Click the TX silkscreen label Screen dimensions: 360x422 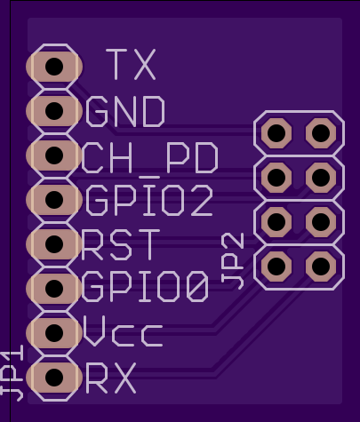[x=131, y=65]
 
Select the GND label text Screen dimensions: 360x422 [x=125, y=111]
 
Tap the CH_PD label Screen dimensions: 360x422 [x=150, y=158]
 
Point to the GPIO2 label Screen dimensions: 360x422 [x=149, y=200]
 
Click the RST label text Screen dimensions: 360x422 [x=121, y=244]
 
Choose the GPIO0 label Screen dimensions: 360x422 [x=145, y=287]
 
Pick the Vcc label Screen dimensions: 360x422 [x=123, y=331]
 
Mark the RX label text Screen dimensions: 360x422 [x=111, y=378]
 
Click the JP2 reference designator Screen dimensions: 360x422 [x=233, y=261]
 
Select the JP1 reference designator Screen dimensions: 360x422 [x=12, y=373]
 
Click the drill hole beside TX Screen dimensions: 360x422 [x=54, y=67]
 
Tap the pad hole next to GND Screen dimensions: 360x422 [x=54, y=111]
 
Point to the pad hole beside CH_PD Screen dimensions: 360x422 [x=54, y=155]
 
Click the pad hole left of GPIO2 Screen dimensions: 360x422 [x=54, y=200]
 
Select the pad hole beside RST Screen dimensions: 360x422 [x=54, y=244]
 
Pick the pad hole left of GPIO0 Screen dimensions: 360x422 [x=54, y=289]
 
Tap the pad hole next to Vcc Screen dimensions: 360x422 [x=54, y=333]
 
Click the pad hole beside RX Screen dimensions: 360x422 [x=54, y=378]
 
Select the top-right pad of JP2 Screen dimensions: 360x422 [x=321, y=133]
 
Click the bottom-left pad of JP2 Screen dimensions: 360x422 [x=276, y=267]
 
